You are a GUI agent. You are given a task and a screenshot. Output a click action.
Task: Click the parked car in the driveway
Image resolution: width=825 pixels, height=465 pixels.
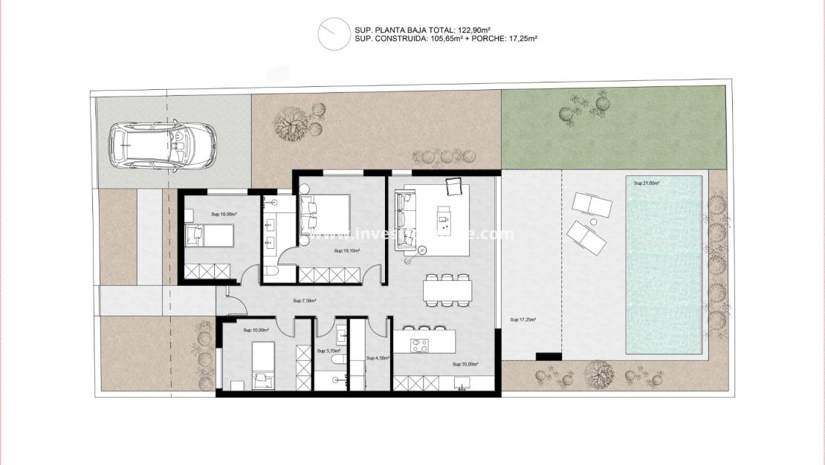[x=162, y=144]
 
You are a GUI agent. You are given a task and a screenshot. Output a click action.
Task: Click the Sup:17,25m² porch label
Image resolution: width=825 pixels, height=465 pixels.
[x=523, y=320]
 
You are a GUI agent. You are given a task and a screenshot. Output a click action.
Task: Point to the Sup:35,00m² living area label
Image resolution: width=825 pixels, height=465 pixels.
[x=465, y=365]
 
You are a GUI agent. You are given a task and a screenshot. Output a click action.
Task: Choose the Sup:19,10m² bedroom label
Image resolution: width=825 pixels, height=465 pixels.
[x=347, y=251]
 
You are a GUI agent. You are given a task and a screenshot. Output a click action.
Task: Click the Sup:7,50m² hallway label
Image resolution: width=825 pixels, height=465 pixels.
[x=304, y=301]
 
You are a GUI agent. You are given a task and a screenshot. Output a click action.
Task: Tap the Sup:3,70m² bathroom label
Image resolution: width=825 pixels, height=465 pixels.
[x=328, y=351]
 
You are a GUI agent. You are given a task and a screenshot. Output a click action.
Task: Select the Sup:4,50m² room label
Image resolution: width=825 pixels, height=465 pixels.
[x=375, y=358]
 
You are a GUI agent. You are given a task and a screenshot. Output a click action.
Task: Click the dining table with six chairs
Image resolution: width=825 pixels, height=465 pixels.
[x=448, y=290]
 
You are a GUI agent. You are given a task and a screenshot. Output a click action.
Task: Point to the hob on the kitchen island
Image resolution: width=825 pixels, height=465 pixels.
[x=420, y=345]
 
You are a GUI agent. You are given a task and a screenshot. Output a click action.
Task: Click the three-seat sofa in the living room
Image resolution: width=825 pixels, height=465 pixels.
[x=404, y=221]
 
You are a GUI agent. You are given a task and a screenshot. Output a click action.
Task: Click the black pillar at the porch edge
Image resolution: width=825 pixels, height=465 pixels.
[x=549, y=357]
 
